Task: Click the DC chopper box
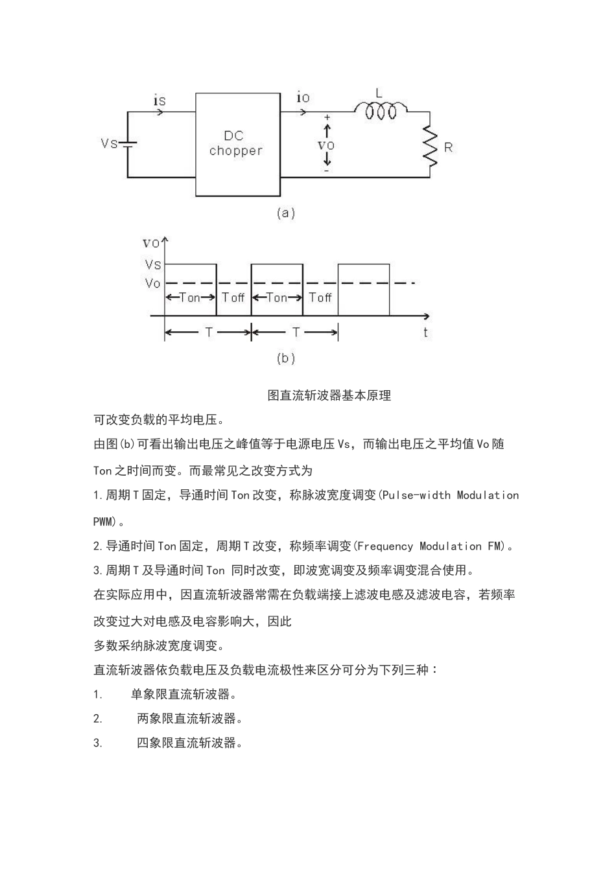[x=238, y=145]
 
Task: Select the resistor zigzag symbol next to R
[x=429, y=146]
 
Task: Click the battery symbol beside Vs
[x=128, y=144]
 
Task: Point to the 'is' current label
[x=160, y=100]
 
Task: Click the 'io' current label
[x=303, y=98]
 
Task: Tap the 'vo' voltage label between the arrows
[x=326, y=145]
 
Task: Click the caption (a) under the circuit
[x=286, y=213]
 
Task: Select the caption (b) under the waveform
[x=286, y=358]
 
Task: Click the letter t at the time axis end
[x=426, y=332]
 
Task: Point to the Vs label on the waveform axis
[x=153, y=264]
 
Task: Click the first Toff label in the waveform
[x=233, y=297]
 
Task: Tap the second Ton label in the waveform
[x=277, y=297]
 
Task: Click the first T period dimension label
[x=209, y=332]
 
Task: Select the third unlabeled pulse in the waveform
[x=364, y=290]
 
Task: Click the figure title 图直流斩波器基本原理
[x=329, y=395]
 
